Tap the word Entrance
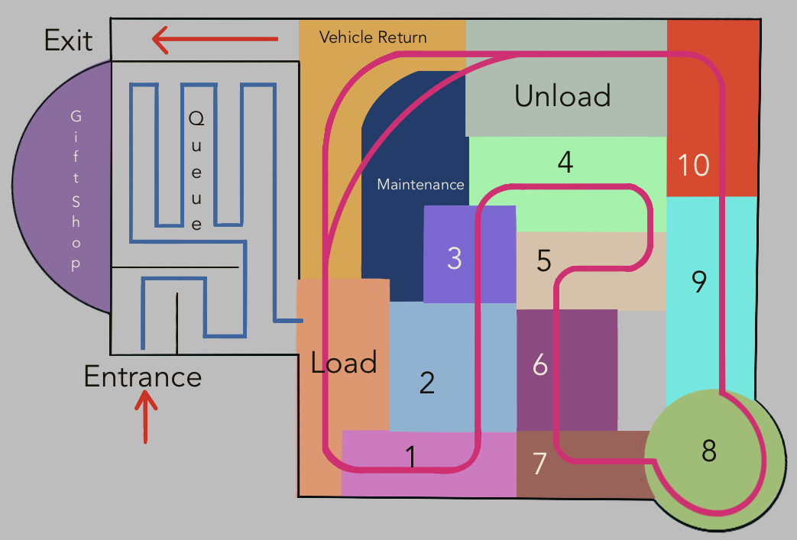pos(143,377)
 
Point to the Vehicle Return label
pos(373,37)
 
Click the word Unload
pos(562,96)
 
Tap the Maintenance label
pos(420,185)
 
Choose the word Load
pos(344,363)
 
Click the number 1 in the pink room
pos(411,457)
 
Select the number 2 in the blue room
pos(427,382)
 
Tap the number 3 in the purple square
pos(455,258)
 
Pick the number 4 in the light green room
pos(565,163)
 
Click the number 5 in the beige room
pos(543,261)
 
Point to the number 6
pos(540,366)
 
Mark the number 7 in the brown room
pos(540,464)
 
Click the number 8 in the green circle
pos(709,451)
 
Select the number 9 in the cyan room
pos(698,282)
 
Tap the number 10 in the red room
pos(694,166)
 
